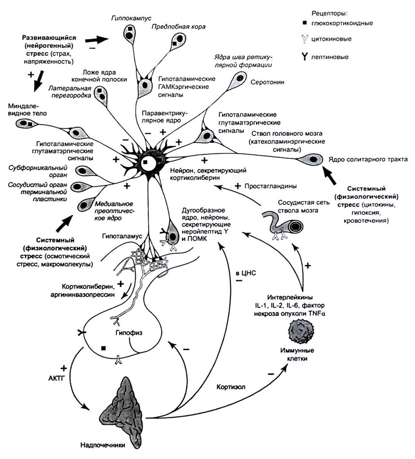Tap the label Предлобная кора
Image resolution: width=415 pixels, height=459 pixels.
178,27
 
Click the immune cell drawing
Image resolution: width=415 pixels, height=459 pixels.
302,331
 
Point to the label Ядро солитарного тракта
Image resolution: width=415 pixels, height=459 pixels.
368,159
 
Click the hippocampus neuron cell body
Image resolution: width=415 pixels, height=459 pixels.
130,32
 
